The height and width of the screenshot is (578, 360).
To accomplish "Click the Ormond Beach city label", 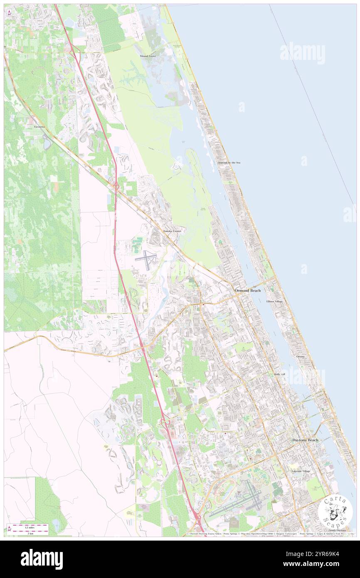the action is click(x=248, y=290).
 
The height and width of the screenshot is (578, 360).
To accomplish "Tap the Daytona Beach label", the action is click(x=305, y=440).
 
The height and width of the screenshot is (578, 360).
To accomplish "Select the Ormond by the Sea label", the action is click(x=229, y=162).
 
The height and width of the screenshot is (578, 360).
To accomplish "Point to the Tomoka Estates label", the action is click(x=172, y=230).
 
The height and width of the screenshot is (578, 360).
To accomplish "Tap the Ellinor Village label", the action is click(x=274, y=301).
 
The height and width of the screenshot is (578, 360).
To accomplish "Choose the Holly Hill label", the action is click(x=279, y=375).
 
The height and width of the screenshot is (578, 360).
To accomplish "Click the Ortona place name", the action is click(x=301, y=356).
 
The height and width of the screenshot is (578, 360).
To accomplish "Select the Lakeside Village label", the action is click(x=301, y=471).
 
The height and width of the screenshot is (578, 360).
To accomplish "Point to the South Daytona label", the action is click(x=337, y=530).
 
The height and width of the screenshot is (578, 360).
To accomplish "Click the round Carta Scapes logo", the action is click(x=335, y=511).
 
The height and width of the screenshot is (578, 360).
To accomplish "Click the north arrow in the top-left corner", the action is click(x=9, y=13).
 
